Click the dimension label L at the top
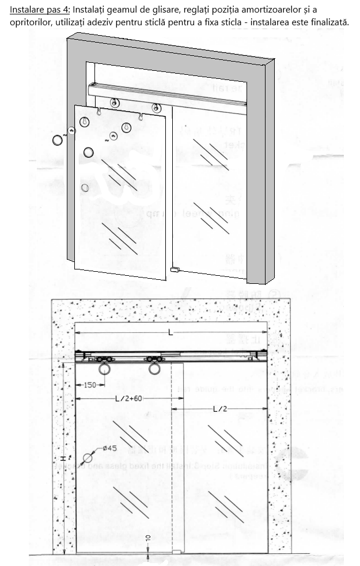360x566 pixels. point(170,333)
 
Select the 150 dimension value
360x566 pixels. point(89,385)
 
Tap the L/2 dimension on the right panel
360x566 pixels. point(220,409)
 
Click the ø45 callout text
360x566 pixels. point(111,449)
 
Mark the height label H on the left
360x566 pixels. point(63,458)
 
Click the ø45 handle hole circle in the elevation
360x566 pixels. point(87,458)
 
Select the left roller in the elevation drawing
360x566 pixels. point(104,367)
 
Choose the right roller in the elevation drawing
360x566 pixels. point(154,367)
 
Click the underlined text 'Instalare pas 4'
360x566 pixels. point(40,10)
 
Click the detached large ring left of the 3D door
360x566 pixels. point(58,140)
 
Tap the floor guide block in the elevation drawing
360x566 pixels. point(176,552)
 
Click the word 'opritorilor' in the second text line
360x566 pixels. point(31,22)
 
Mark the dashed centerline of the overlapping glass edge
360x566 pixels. point(172,461)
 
